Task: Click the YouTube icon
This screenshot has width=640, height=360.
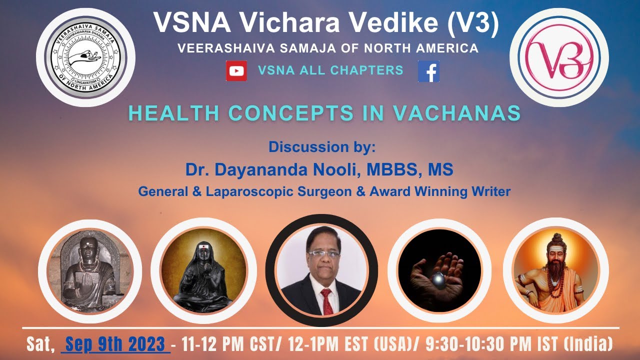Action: click(x=236, y=71)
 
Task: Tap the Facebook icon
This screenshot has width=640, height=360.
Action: click(x=428, y=71)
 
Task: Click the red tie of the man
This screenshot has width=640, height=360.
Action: click(x=326, y=300)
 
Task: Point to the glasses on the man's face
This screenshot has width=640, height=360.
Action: click(x=323, y=254)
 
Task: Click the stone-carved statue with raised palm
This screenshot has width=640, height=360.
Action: click(x=89, y=272)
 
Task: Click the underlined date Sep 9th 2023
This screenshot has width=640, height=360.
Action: click(x=115, y=344)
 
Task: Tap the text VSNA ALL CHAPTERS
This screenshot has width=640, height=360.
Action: click(x=330, y=70)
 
